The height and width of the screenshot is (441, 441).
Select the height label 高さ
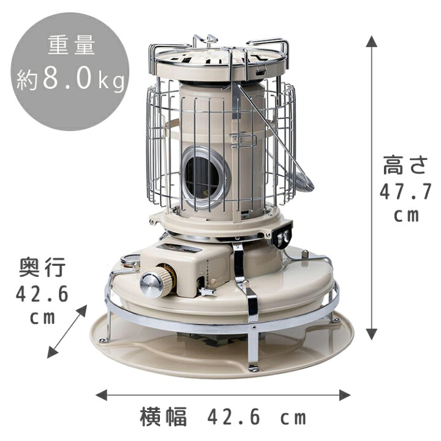coord(405,165)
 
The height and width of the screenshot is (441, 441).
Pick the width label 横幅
coord(164,417)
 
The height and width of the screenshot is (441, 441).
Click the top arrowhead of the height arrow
coord(372,42)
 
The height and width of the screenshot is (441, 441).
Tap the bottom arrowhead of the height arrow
coord(372,334)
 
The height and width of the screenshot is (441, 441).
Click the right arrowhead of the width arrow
coord(344,395)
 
